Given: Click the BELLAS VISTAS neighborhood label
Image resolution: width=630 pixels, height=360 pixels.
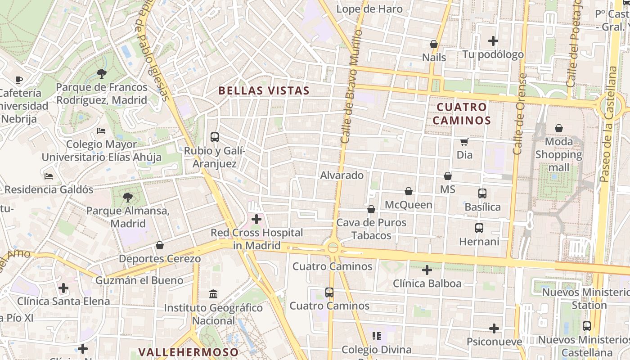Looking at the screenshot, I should click(x=264, y=90).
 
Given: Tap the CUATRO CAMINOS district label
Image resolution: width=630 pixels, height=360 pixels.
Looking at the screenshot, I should click(x=462, y=113).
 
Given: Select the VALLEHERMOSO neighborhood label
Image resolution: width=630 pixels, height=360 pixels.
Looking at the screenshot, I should click(x=188, y=352).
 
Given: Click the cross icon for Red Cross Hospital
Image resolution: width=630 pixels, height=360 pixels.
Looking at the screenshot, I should click(x=256, y=220).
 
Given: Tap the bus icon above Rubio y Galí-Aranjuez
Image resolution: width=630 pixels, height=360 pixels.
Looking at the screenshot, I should click(x=215, y=137).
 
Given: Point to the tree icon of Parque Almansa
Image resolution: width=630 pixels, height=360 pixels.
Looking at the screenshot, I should click(x=128, y=197).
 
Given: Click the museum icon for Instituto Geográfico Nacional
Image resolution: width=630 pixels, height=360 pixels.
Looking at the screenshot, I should click(x=213, y=294).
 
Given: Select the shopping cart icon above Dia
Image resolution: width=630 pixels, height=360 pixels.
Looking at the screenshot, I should click(x=464, y=142).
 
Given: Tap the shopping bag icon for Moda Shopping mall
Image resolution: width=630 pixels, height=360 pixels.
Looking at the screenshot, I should click(x=558, y=129).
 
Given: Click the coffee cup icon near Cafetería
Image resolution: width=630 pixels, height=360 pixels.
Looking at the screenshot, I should click(x=18, y=80).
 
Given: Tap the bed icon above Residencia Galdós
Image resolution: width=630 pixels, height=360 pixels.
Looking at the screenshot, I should click(x=49, y=176).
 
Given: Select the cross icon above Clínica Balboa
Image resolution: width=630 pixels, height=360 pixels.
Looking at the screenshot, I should click(x=427, y=270).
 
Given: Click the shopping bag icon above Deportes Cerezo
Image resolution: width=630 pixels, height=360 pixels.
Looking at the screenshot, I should click(x=159, y=245).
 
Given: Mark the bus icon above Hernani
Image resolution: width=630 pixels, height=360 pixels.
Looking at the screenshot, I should click(x=479, y=228).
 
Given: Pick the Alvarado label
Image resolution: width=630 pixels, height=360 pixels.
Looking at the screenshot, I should click(x=342, y=175).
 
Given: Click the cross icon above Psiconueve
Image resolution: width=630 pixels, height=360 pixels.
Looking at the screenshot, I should click(x=494, y=328).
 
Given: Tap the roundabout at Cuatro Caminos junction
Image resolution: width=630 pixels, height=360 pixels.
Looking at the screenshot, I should click(x=333, y=247).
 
